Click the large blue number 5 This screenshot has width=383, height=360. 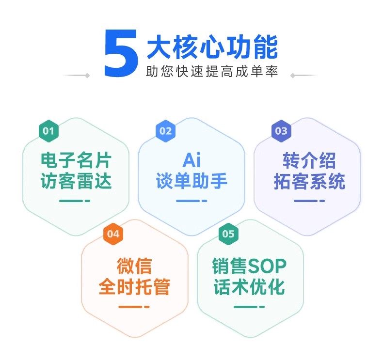pyautogui.click(x=121, y=53)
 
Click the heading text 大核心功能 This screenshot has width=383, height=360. pyautogui.click(x=212, y=47)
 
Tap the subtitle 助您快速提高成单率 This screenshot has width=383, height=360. pyautogui.click(x=212, y=71)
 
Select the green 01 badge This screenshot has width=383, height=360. pyautogui.click(x=48, y=131)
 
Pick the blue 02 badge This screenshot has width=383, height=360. pyautogui.click(x=166, y=131)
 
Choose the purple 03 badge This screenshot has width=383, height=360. pyautogui.click(x=281, y=131)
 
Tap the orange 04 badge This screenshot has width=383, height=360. pyautogui.click(x=113, y=234)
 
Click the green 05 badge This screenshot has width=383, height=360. pyautogui.click(x=228, y=234)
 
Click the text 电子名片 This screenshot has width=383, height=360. pyautogui.click(x=76, y=160)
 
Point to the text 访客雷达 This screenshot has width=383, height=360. pyautogui.click(x=76, y=181)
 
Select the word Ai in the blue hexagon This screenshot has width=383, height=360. pyautogui.click(x=192, y=160)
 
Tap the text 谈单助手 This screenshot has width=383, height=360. pyautogui.click(x=192, y=181)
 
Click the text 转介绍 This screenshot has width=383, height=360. pyautogui.click(x=309, y=160)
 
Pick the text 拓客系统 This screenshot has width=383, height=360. pyautogui.click(x=309, y=181)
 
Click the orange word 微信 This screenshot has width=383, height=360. pyautogui.click(x=134, y=266)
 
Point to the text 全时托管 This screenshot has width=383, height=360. pyautogui.click(x=134, y=287)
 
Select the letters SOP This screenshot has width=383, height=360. pyautogui.click(x=267, y=266)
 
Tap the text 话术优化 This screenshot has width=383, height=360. pyautogui.click(x=249, y=287)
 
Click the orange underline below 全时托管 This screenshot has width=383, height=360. pyautogui.click(x=134, y=307)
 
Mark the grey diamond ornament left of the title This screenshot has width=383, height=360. pyautogui.click(x=87, y=76)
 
